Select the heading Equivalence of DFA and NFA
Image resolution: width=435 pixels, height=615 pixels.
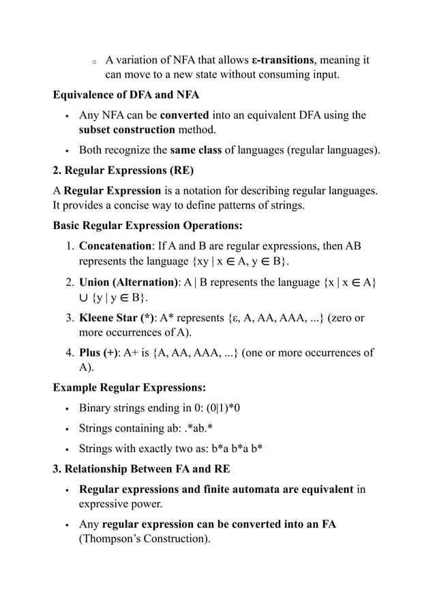[126, 95]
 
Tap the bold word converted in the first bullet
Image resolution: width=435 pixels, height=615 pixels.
[184, 115]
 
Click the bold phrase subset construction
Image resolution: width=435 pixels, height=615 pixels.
[127, 130]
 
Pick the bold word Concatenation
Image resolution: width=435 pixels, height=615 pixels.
[114, 245]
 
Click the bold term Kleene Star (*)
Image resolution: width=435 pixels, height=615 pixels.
[117, 317]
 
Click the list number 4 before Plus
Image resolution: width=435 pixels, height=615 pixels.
[70, 352]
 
